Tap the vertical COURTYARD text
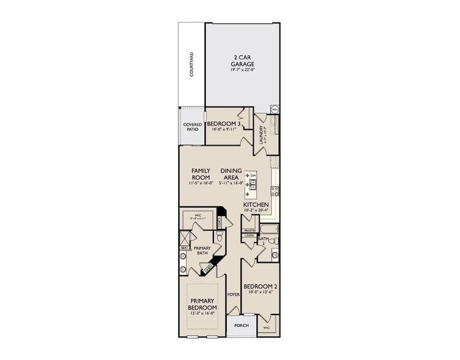(192, 64)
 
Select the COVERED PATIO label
(193, 127)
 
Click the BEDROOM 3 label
(224, 124)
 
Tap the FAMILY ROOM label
(200, 174)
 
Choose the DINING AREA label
(231, 174)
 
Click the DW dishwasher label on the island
(261, 175)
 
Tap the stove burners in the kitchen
(274, 192)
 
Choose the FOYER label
(234, 295)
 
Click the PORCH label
(242, 326)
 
